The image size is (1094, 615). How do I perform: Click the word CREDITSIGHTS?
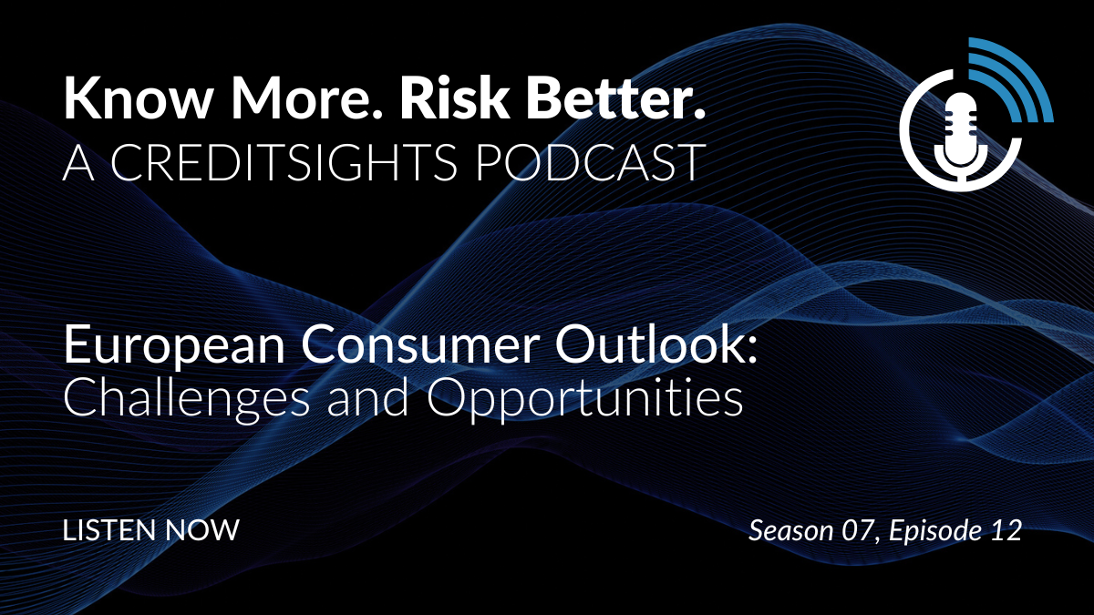pyautogui.click(x=284, y=162)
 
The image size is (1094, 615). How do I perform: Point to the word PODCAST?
pyautogui.click(x=590, y=162)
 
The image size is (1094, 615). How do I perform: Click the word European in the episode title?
pyautogui.click(x=174, y=345)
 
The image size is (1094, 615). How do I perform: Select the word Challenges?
pyautogui.click(x=187, y=399)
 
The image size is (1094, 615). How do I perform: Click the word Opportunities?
pyautogui.click(x=584, y=399)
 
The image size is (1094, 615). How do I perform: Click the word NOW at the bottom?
pyautogui.click(x=202, y=530)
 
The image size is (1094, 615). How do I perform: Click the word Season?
pyautogui.click(x=790, y=530)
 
